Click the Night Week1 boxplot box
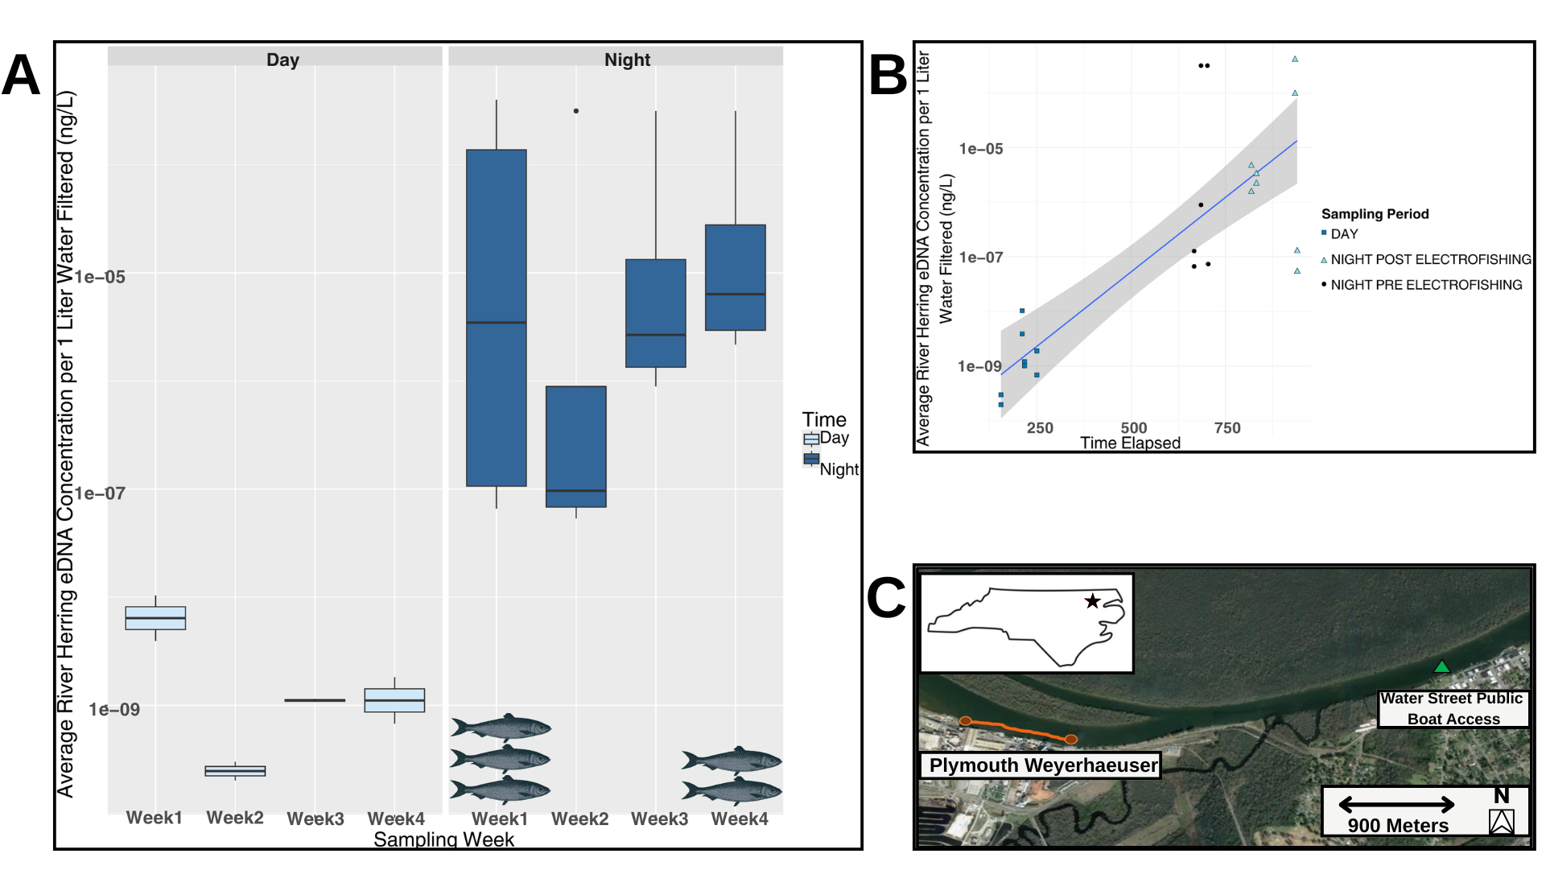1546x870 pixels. click(497, 317)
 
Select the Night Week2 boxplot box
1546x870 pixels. click(575, 446)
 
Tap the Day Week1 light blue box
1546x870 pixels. click(155, 617)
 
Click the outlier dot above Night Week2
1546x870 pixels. click(575, 111)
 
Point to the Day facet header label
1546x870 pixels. click(282, 60)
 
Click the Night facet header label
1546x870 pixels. click(627, 60)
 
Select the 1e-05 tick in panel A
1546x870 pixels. click(101, 277)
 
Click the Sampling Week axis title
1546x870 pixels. click(443, 839)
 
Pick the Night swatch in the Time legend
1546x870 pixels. click(811, 460)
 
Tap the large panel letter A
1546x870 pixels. click(21, 76)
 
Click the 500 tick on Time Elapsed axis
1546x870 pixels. click(1133, 428)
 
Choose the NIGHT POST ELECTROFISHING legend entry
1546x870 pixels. click(1430, 259)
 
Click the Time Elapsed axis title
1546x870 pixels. click(1130, 443)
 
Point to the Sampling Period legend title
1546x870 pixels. click(1375, 214)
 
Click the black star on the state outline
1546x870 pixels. click(1092, 601)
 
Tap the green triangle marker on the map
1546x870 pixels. click(1441, 666)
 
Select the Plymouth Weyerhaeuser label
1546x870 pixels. click(1043, 765)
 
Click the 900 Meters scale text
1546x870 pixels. click(1398, 826)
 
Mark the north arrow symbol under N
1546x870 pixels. click(1501, 822)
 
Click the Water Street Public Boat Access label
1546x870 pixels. click(1453, 708)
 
